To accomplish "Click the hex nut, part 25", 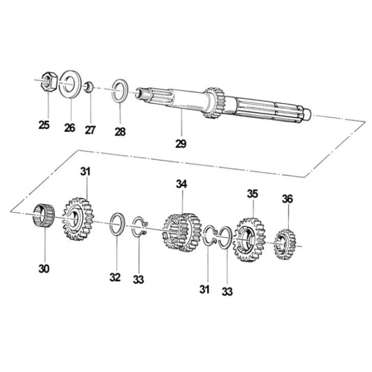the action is click(x=49, y=81).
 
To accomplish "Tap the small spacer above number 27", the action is click(x=89, y=87).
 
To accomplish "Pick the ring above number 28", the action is click(x=120, y=91).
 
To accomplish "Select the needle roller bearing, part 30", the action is click(x=44, y=216).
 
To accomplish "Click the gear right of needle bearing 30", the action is click(x=78, y=219).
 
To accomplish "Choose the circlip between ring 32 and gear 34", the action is click(x=140, y=227).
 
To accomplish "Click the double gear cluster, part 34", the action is click(x=182, y=232).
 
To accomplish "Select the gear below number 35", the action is click(x=249, y=240).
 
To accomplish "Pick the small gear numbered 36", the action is click(x=285, y=244).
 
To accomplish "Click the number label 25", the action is click(x=44, y=125).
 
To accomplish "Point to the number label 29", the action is click(x=181, y=143).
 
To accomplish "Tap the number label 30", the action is click(x=44, y=269).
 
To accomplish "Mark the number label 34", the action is click(x=182, y=184).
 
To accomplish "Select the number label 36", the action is click(x=288, y=199).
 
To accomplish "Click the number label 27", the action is click(x=90, y=130).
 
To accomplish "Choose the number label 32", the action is click(x=115, y=277).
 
